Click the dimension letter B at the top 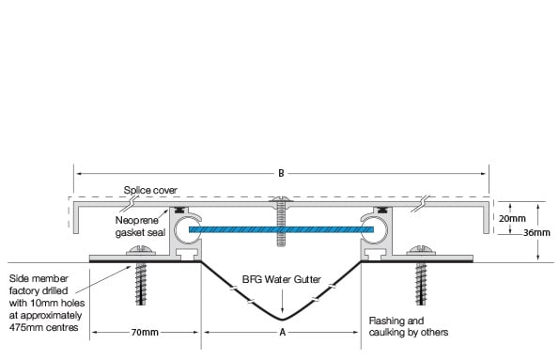(x=281, y=173)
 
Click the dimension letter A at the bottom (x=281, y=332)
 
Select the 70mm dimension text (x=144, y=332)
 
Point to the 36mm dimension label (x=538, y=231)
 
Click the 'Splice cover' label (x=150, y=190)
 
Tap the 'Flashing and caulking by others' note (x=409, y=325)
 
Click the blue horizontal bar (x=281, y=227)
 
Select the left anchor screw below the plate (x=144, y=282)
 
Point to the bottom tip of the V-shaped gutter (x=281, y=317)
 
